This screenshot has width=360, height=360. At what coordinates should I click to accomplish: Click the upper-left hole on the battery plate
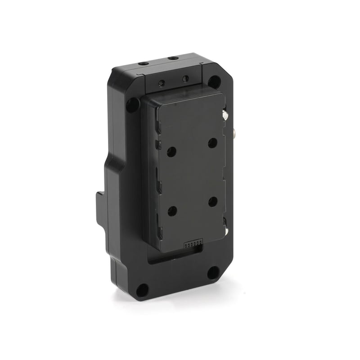tap(171, 152)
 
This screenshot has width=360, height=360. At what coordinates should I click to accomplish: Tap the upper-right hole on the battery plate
tap(212, 143)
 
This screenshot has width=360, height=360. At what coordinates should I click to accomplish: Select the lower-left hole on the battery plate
tap(172, 211)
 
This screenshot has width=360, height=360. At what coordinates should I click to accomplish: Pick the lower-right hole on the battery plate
tap(213, 202)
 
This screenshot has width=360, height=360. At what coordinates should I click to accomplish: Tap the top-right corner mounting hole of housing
tap(215, 81)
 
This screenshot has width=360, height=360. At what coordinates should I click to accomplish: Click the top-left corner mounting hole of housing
tap(132, 105)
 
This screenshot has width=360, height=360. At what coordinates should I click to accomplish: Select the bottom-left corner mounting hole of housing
tap(142, 289)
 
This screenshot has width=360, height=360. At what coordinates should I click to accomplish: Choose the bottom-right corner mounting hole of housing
tap(213, 272)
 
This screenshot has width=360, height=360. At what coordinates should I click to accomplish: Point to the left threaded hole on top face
tap(144, 64)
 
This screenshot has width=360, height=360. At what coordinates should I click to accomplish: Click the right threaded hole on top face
tap(173, 58)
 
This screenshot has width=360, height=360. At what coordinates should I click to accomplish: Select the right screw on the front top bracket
tap(185, 79)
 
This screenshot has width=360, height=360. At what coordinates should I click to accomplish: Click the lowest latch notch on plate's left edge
tap(159, 220)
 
